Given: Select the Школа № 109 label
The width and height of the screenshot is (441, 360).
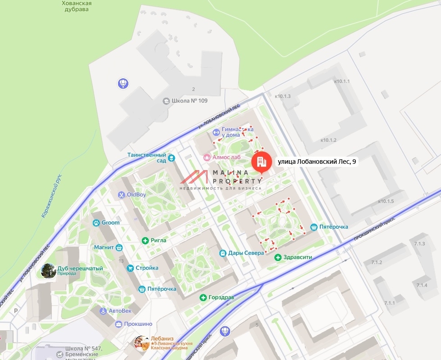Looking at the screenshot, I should point(189,101).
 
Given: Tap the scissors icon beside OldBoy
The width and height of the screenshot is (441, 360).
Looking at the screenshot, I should point(121,195).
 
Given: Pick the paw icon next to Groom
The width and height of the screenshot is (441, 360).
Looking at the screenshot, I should point(96,223).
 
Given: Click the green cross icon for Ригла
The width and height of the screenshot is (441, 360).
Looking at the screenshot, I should point(145,240).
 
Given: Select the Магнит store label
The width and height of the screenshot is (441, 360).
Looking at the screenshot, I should point(104,247).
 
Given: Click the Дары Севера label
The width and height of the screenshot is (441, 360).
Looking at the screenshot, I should point(246,253).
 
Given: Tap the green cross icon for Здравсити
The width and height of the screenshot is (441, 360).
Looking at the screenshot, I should point(278,257).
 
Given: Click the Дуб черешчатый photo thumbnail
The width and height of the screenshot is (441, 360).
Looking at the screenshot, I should point(49,270).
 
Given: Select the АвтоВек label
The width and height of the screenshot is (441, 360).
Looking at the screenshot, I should point(120,311).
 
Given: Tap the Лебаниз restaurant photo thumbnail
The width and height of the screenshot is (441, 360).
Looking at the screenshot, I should point(141,343).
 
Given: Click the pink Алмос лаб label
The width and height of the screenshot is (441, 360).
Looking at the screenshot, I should point(227,157).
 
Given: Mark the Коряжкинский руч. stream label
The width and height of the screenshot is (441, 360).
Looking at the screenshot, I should point(51,196).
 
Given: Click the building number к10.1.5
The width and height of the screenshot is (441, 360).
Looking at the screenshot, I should point(386,201).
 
